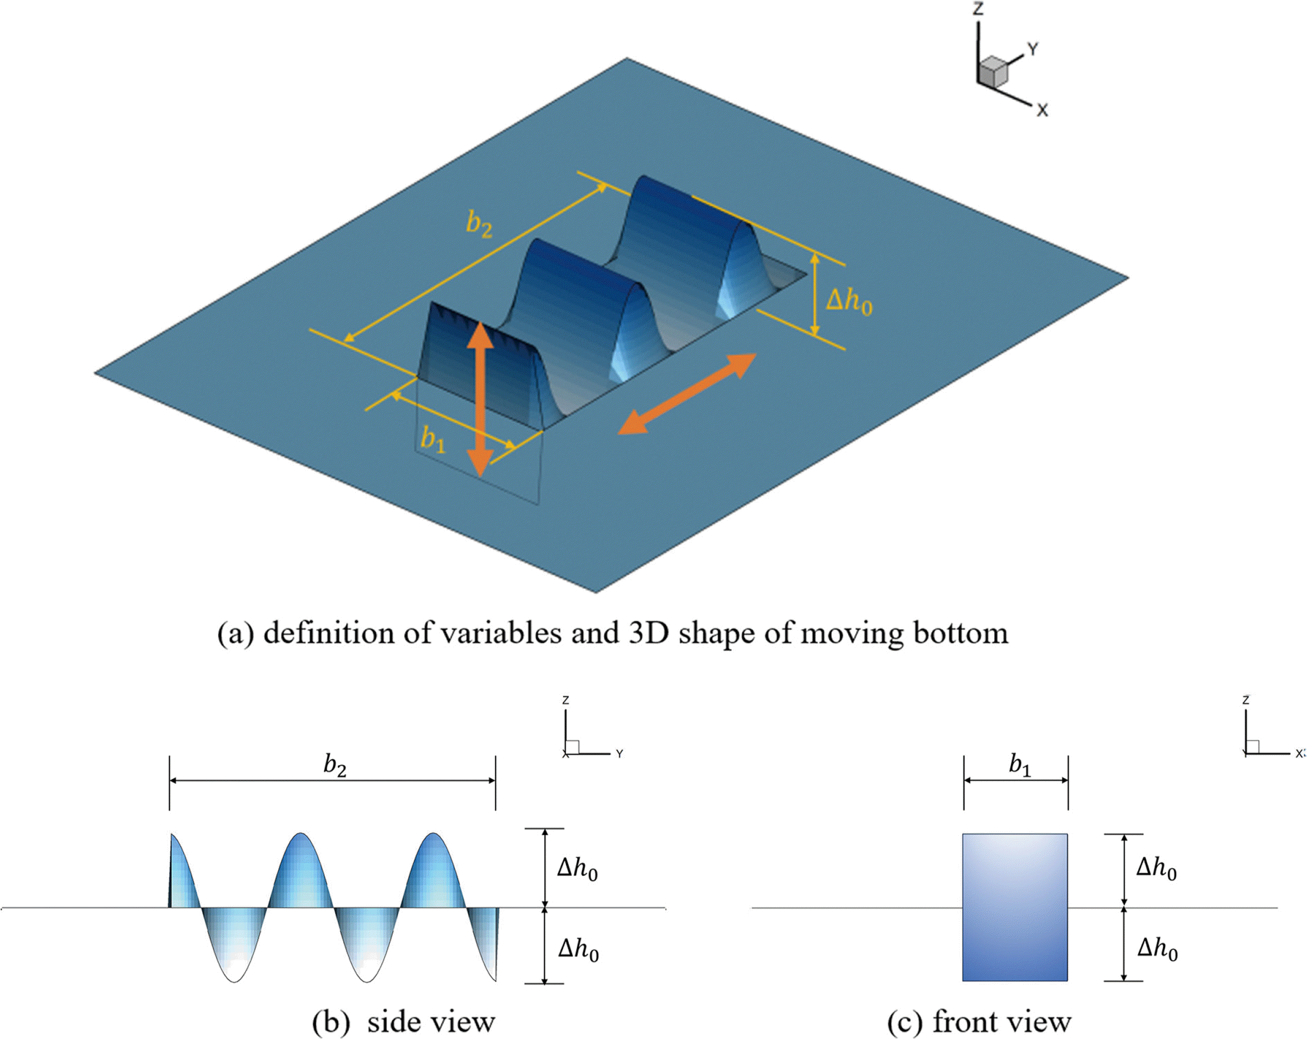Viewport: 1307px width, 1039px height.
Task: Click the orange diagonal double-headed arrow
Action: [x=687, y=394]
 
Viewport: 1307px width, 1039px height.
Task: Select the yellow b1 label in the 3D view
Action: [x=433, y=440]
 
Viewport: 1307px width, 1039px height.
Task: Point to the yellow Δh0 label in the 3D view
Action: [x=849, y=301]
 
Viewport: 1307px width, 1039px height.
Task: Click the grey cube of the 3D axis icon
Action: [x=994, y=71]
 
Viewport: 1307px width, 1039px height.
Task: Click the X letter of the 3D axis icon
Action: [x=1042, y=110]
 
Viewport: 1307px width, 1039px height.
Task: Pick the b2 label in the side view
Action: [x=335, y=766]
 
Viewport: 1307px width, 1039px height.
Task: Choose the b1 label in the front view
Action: [x=1019, y=766]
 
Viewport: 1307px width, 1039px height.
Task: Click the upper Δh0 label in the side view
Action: [x=577, y=869]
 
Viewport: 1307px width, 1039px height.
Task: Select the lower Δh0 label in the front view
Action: [x=1157, y=948]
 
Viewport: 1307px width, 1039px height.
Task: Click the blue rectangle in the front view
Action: [x=1015, y=907]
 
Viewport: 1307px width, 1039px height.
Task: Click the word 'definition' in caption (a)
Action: [x=348, y=634]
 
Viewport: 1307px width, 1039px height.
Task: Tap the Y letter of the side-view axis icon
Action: [x=619, y=754]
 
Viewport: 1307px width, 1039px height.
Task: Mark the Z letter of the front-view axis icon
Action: [x=1246, y=700]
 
